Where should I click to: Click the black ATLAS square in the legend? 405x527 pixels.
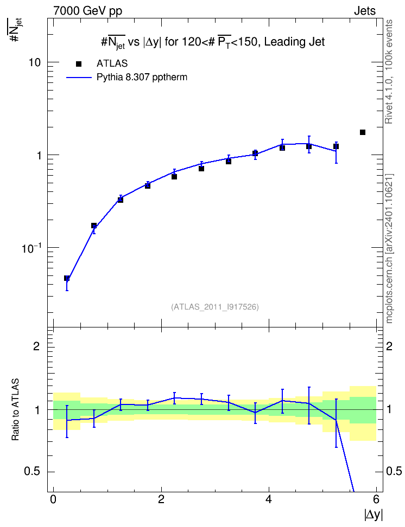point(79,64)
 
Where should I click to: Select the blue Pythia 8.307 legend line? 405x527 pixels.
point(79,78)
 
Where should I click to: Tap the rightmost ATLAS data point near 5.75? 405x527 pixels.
point(363,132)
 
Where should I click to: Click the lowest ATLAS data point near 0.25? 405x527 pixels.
point(67,278)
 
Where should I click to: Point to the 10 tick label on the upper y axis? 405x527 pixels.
point(34,62)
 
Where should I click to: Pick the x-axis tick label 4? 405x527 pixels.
point(269,499)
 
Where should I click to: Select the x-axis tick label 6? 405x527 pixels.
point(376,499)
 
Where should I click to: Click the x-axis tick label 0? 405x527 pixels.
point(53,499)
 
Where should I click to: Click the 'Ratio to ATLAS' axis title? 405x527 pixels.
point(15,409)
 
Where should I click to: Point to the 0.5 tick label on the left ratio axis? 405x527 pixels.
point(32,472)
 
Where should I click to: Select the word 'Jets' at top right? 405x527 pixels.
point(365,11)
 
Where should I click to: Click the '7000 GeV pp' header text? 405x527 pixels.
point(87,11)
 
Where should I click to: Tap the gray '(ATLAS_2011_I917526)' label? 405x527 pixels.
point(215,307)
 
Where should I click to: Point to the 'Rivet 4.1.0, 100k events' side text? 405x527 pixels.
point(389,72)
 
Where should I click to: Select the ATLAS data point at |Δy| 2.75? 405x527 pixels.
point(201,169)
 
